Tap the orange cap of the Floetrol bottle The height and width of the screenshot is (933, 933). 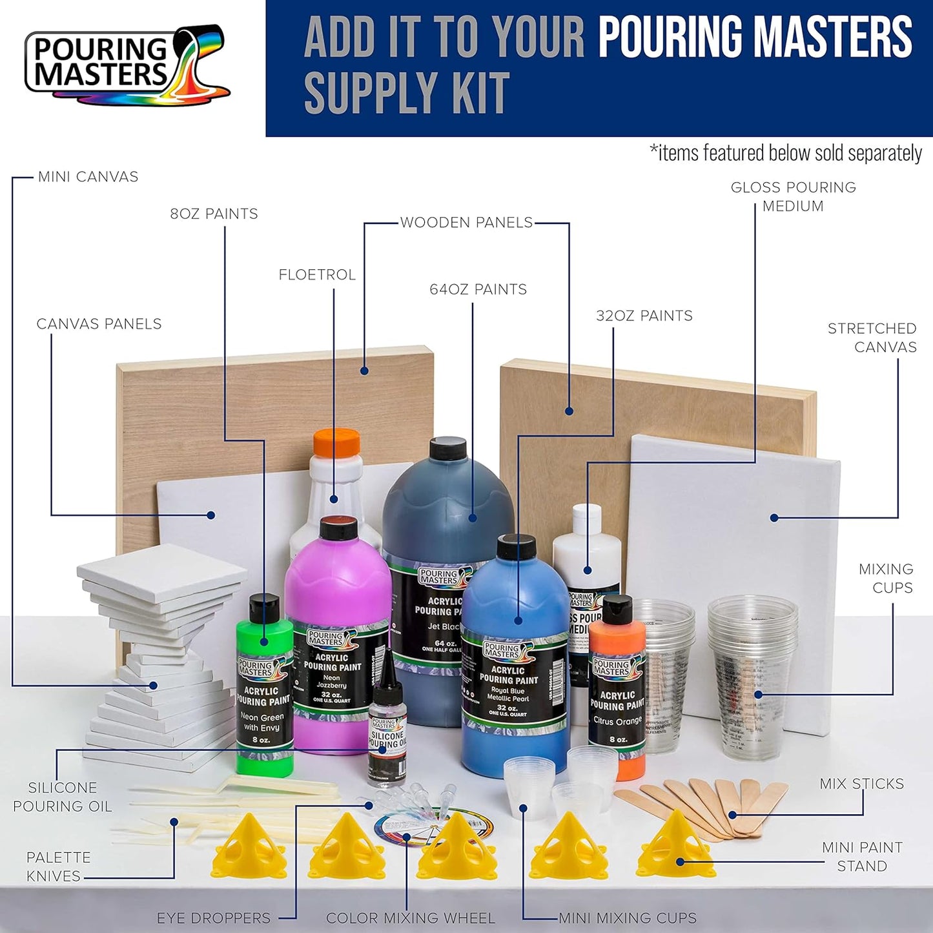[336, 443]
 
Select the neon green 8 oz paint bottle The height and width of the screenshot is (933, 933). [263, 691]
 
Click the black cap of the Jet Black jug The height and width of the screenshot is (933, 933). [448, 448]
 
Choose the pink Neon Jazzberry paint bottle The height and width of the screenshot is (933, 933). [337, 639]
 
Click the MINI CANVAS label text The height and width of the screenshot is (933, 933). [88, 177]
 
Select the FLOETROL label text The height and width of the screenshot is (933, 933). [317, 275]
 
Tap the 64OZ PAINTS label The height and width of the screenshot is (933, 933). [478, 290]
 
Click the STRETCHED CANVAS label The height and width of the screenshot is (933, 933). [872, 338]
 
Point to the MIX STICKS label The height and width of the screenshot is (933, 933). [861, 784]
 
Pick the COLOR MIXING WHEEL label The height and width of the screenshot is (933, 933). [411, 918]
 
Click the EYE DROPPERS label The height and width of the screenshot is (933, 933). [214, 918]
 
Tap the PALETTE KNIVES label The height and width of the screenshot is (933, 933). [57, 866]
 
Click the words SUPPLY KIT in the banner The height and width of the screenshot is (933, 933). [407, 93]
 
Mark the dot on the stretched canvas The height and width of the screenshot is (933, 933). [774, 518]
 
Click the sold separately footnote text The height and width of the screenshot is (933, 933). [785, 153]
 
